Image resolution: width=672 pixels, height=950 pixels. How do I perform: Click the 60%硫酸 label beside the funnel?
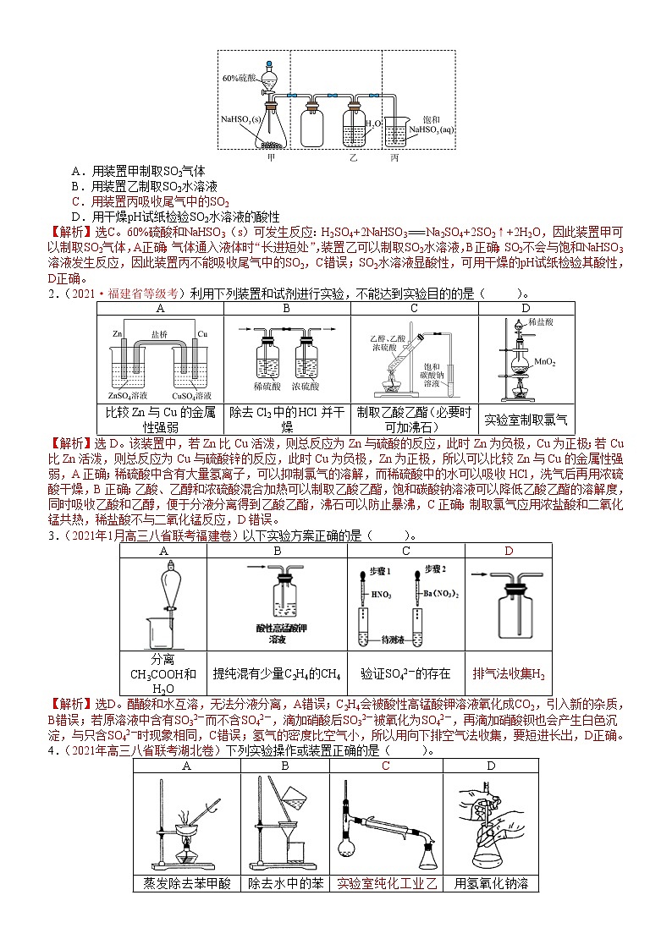point(240,78)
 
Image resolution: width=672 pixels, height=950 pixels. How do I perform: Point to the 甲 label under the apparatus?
point(271,157)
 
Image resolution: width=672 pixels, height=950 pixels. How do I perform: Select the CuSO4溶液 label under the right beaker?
point(191,395)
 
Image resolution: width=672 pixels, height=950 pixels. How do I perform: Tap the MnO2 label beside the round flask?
point(544,362)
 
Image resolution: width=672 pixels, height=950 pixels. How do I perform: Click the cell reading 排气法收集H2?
point(509,674)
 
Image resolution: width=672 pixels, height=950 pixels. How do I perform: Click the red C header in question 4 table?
point(386,766)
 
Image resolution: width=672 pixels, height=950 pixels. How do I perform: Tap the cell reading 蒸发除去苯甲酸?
point(186,883)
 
